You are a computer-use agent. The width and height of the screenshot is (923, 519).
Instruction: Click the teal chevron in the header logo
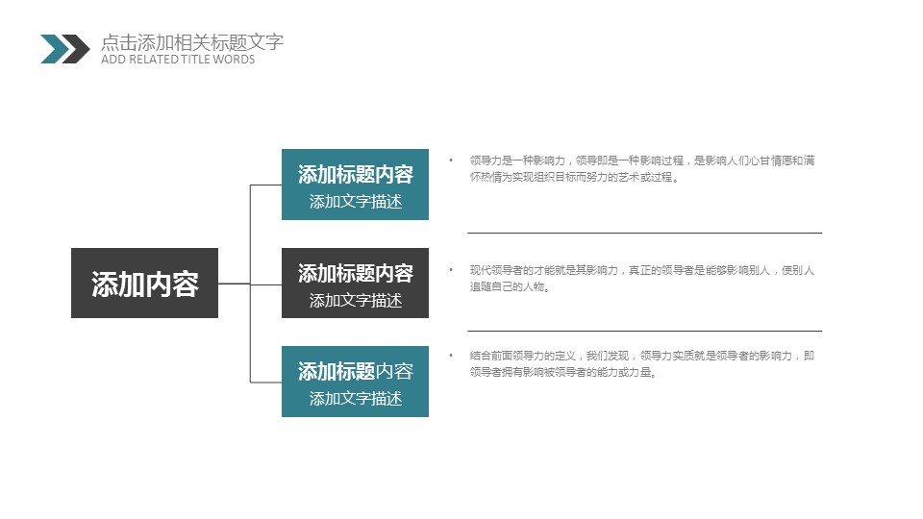click(x=55, y=49)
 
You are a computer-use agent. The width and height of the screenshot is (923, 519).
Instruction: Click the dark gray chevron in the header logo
click(x=75, y=49)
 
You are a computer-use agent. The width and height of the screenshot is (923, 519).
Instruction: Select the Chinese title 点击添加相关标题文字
click(x=192, y=42)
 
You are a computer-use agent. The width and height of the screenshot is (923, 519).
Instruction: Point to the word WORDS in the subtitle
click(x=234, y=60)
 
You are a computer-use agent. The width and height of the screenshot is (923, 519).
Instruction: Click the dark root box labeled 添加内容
click(x=145, y=283)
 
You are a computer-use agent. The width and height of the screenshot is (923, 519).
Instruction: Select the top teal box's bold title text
click(x=356, y=174)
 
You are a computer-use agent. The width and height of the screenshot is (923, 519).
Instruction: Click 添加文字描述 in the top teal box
click(x=356, y=201)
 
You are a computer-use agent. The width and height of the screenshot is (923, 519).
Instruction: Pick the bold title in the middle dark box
click(x=356, y=273)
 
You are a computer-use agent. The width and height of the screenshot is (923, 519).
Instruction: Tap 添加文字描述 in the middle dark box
click(x=356, y=300)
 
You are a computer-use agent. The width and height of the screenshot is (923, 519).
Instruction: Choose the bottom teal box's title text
click(x=356, y=371)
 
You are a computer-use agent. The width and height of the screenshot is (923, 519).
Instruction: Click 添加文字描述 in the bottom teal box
click(x=356, y=398)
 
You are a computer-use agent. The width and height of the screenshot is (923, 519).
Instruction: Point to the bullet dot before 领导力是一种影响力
click(x=451, y=161)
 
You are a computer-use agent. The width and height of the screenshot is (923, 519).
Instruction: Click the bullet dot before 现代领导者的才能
click(x=451, y=270)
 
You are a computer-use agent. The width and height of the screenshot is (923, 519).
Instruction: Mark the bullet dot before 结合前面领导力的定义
click(x=451, y=356)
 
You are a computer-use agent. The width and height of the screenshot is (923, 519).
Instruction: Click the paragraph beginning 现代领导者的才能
click(x=642, y=279)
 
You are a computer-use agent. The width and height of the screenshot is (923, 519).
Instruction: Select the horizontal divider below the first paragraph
click(x=644, y=233)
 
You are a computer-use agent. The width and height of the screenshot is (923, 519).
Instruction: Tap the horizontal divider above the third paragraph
click(x=644, y=332)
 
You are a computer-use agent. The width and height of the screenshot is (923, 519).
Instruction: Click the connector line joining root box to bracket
click(x=235, y=284)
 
